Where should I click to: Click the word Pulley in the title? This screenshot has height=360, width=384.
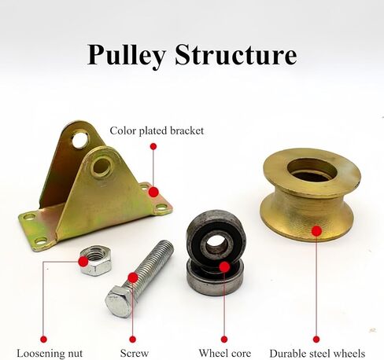(127, 56)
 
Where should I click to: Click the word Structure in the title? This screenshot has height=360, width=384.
(236, 54)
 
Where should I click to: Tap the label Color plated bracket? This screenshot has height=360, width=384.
(157, 130)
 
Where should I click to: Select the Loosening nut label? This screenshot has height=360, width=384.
(50, 353)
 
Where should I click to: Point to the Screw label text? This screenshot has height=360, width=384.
(135, 353)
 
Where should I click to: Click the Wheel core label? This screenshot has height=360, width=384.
(224, 353)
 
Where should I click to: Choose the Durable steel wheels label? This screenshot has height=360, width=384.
(317, 354)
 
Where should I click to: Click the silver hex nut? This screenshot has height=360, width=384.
(96, 260)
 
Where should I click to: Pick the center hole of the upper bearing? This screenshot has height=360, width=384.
(215, 243)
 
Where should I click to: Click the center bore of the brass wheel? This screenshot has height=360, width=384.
(312, 171)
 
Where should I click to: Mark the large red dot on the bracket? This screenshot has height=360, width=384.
(153, 192)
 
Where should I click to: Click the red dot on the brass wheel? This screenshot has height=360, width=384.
(316, 231)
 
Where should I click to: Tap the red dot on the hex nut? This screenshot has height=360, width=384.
(83, 262)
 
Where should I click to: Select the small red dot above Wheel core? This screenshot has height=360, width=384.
(224, 340)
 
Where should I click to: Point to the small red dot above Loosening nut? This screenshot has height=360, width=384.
(43, 340)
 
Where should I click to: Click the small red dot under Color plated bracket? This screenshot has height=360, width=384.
(153, 146)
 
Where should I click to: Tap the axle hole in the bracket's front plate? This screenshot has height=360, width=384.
(102, 167)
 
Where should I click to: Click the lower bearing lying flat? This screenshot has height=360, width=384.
(215, 279)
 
